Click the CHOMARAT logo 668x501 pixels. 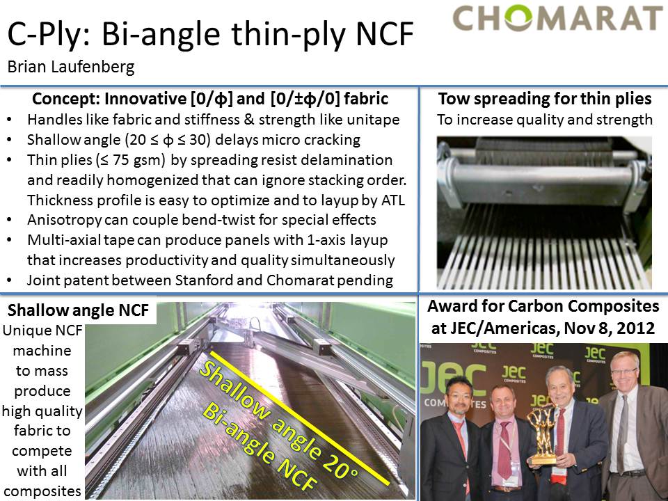557,18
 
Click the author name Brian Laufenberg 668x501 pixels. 71,67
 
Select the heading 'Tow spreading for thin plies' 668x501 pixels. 545,99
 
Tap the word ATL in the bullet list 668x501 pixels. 393,200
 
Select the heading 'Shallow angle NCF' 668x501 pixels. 79,310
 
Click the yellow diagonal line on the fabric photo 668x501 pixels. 299,418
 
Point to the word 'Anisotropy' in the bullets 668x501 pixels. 64,221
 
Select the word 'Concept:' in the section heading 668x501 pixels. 67,99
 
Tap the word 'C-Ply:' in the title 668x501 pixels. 49,35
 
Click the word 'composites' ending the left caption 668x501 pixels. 42,491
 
